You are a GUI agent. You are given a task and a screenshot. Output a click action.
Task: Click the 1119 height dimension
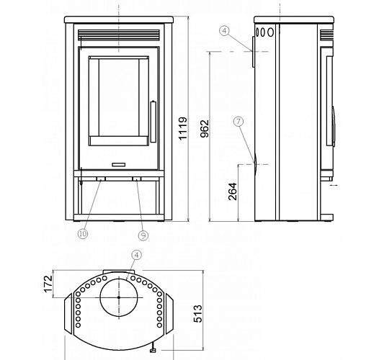click(x=183, y=128)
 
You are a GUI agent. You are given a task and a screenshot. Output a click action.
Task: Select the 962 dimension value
click(x=205, y=129)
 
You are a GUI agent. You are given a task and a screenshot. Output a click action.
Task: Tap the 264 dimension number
click(x=233, y=192)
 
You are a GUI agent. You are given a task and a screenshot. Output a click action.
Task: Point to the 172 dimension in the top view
click(x=48, y=284)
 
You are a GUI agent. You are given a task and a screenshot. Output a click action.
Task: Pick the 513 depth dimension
click(x=197, y=314)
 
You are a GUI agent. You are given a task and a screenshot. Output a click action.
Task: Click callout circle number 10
click(x=83, y=233)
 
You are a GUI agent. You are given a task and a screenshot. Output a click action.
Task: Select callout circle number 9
click(x=143, y=235)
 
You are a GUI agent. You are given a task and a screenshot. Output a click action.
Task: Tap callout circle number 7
click(x=238, y=122)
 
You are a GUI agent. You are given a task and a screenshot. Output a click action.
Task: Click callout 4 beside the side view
click(x=225, y=31)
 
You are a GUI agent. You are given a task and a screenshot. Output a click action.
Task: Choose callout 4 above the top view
click(x=137, y=255)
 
